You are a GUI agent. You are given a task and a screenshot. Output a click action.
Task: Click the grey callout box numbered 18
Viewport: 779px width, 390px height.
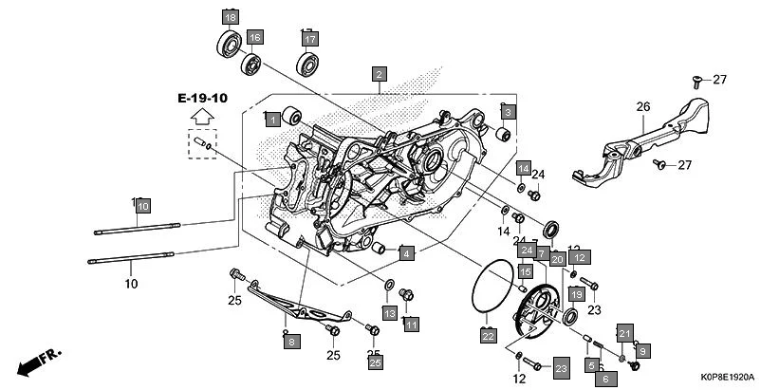click(231, 16)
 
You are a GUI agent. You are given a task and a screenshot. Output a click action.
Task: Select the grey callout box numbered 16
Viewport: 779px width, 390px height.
click(254, 37)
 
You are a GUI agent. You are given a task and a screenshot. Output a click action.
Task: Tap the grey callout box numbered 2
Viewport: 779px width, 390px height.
click(379, 74)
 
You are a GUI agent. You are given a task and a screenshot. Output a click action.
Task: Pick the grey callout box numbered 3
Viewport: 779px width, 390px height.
click(508, 112)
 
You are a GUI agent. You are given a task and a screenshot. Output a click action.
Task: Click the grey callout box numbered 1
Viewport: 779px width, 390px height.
click(272, 119)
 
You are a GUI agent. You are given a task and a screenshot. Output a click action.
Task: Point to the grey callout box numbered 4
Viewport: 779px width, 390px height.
click(405, 253)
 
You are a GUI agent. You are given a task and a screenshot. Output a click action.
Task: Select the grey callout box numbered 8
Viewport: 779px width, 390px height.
click(291, 341)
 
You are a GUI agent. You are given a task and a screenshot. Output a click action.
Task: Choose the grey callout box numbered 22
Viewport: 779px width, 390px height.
click(488, 335)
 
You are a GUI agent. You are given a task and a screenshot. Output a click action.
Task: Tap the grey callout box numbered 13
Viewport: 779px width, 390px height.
click(390, 313)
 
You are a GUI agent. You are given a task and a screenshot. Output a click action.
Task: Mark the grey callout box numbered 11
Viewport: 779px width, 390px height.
click(411, 325)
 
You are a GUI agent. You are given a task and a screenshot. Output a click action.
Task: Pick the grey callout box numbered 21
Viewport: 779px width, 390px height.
click(623, 332)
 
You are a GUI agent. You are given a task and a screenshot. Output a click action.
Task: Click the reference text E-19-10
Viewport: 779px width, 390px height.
click(201, 99)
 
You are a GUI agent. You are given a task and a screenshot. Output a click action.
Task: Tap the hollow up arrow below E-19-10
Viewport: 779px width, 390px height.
click(201, 118)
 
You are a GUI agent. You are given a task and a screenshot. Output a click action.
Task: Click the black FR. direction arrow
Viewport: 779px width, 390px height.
click(38, 362)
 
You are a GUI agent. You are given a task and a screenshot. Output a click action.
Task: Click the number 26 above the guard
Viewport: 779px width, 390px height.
click(642, 107)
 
